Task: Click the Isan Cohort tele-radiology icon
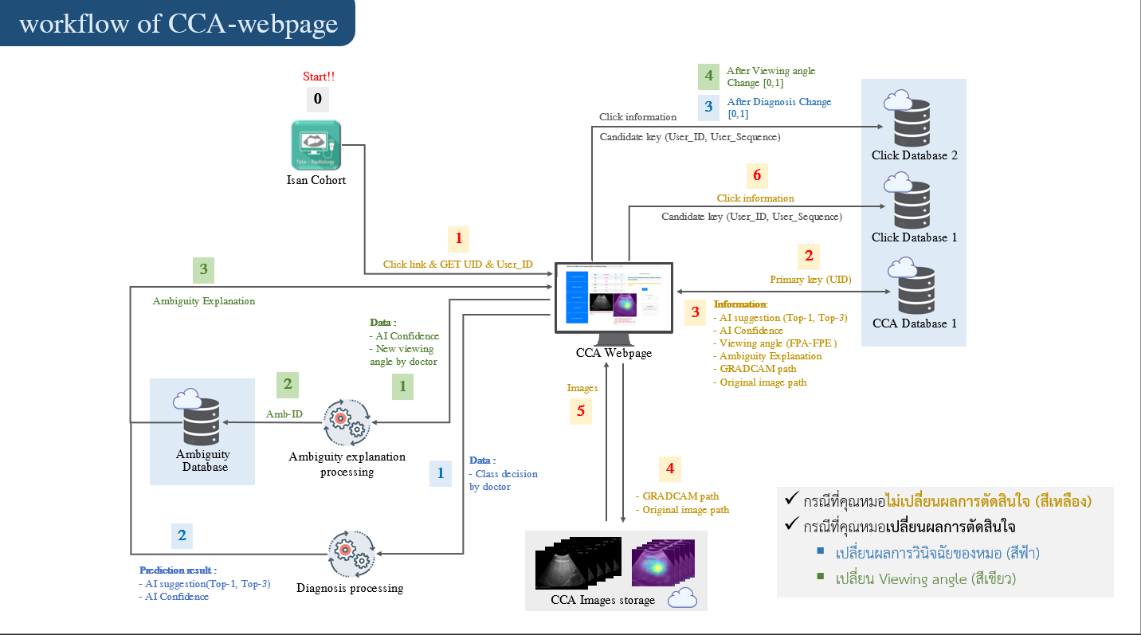(316, 144)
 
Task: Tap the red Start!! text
(319, 76)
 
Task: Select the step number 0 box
(318, 99)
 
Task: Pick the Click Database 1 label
(914, 237)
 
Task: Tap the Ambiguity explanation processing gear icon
(347, 423)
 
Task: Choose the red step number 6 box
(757, 174)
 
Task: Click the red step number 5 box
(581, 411)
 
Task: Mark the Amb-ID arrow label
(284, 414)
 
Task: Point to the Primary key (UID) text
(810, 280)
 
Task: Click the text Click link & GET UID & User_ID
(457, 265)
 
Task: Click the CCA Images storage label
(602, 600)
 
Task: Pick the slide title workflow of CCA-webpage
(178, 23)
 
